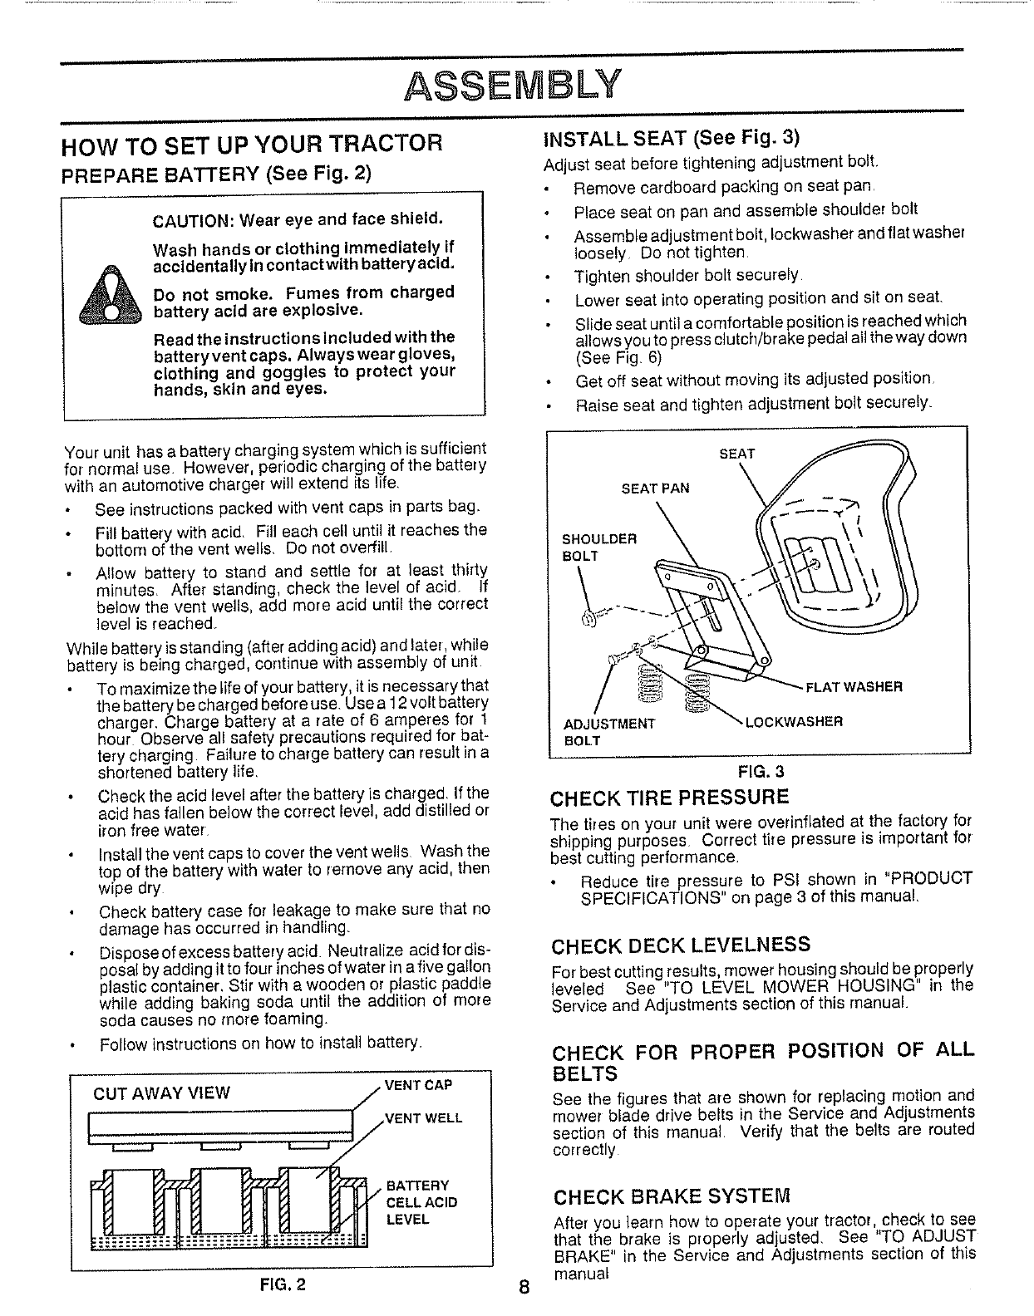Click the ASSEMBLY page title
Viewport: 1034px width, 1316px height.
(x=515, y=82)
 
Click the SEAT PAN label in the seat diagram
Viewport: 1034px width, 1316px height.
(x=655, y=488)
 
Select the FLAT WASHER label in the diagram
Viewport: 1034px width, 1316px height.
(x=854, y=686)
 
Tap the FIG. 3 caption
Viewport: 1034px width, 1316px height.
(x=761, y=769)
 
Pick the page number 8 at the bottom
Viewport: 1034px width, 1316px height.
(x=523, y=1289)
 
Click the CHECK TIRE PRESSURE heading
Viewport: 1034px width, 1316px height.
(x=670, y=798)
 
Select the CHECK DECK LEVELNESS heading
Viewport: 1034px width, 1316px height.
(x=681, y=945)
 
